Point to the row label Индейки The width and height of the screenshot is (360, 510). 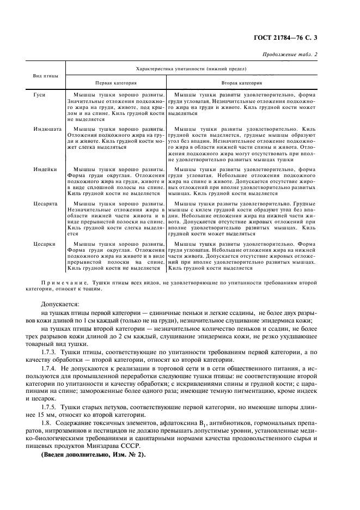(44, 170)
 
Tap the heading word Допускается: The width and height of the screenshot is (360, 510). (60, 304)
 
